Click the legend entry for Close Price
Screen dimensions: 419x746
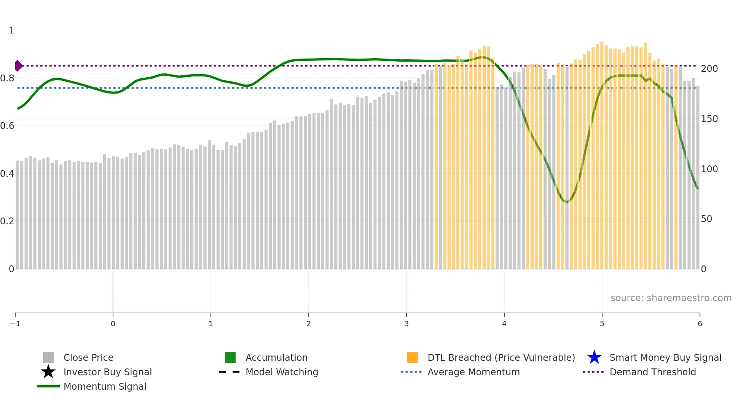click(x=88, y=357)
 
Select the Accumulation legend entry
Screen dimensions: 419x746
click(x=276, y=357)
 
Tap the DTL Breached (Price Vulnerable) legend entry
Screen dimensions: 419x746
click(x=501, y=357)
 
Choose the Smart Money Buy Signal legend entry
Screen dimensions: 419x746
click(x=665, y=357)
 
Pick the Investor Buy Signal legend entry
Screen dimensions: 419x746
click(x=107, y=372)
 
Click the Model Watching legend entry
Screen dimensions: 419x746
click(x=282, y=372)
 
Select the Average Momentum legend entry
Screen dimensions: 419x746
click(x=473, y=372)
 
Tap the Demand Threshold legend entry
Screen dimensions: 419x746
click(x=652, y=372)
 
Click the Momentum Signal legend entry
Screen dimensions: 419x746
click(x=105, y=386)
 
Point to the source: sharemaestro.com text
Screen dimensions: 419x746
click(x=671, y=298)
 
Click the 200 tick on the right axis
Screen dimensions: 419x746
click(x=709, y=69)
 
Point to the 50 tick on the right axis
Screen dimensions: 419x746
click(x=706, y=219)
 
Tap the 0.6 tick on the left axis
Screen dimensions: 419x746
click(x=7, y=126)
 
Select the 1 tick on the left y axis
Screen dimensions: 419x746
click(x=11, y=30)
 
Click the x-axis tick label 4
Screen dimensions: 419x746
click(x=504, y=324)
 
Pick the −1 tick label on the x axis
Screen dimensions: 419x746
click(x=15, y=324)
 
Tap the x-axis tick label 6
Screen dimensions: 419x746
click(x=700, y=324)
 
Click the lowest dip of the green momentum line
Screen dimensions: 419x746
click(x=567, y=202)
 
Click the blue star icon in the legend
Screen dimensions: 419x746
click(x=594, y=357)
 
